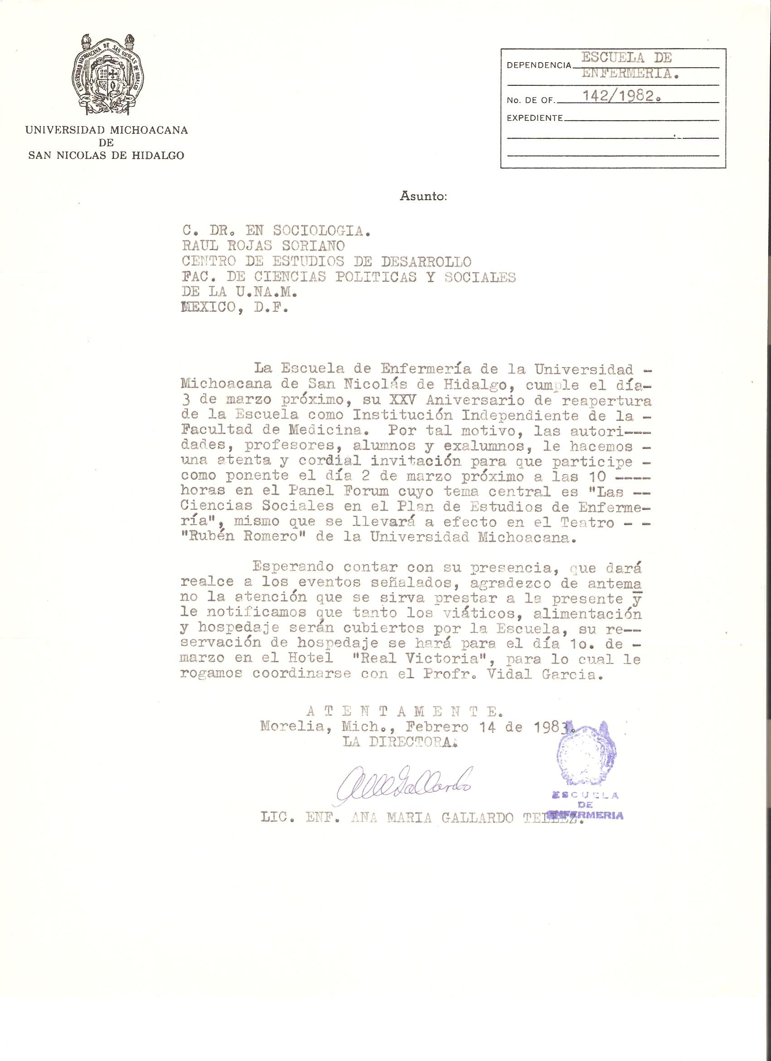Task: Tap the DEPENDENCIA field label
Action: (538, 65)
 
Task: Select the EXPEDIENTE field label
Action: (534, 118)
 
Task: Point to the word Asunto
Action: (424, 196)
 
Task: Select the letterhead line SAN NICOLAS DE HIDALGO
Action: (106, 156)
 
